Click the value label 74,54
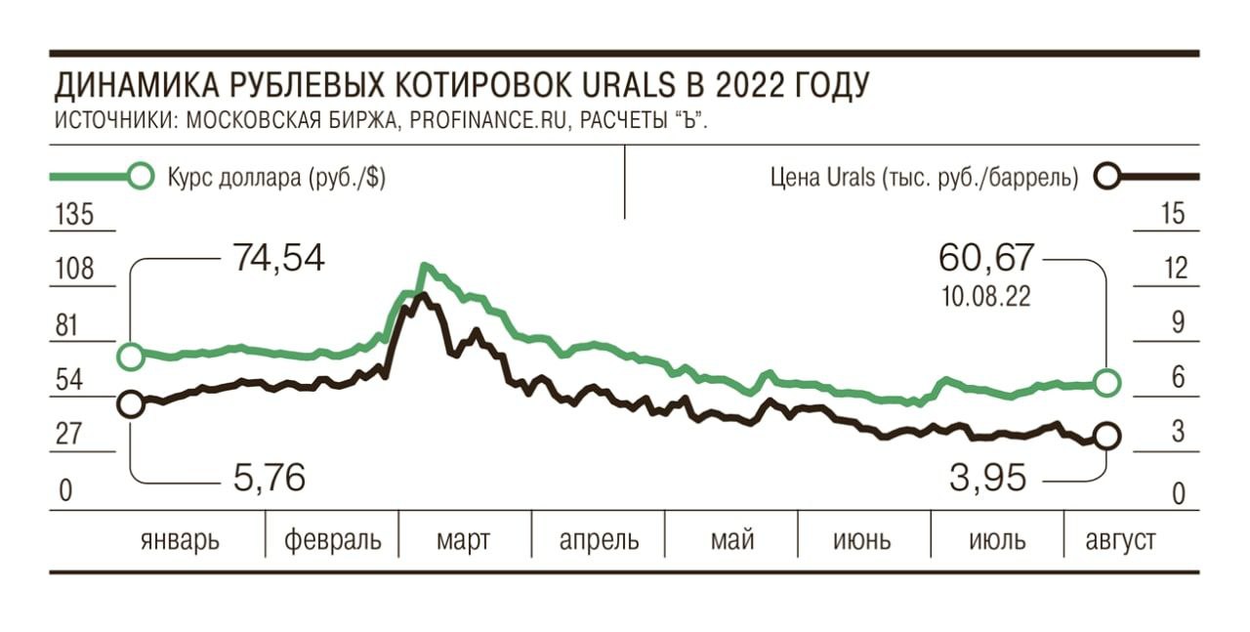click(x=278, y=258)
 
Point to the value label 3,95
click(x=987, y=479)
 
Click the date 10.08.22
click(x=985, y=297)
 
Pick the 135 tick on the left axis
click(x=75, y=214)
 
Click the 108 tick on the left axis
click(x=75, y=269)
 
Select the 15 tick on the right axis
click(x=1175, y=214)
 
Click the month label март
click(x=465, y=539)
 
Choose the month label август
click(x=1121, y=539)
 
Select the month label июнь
click(x=862, y=539)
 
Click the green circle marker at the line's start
click(x=130, y=356)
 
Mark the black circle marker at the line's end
click(x=1106, y=437)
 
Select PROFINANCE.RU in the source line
click(x=480, y=120)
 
